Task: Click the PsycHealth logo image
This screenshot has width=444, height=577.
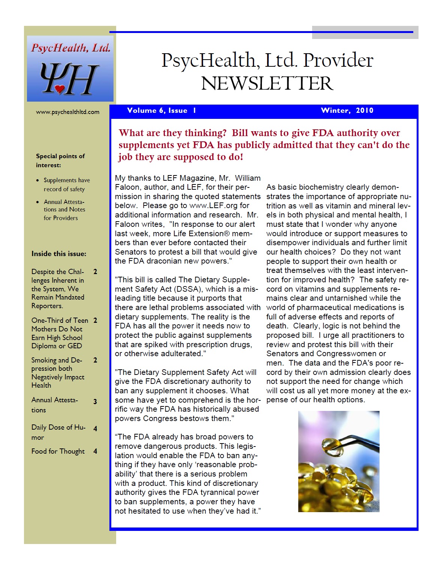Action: click(x=70, y=69)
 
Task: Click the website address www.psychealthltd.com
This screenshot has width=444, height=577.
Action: click(x=67, y=112)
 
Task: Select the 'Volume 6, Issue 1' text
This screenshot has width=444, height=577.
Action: click(x=161, y=110)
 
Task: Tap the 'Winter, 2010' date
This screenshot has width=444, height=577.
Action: click(x=347, y=110)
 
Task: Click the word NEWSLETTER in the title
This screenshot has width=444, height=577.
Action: click(x=267, y=83)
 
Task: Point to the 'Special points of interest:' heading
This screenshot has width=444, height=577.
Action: click(x=60, y=160)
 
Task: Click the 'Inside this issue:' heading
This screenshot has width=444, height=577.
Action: click(x=59, y=253)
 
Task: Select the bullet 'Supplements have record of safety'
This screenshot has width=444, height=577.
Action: click(x=66, y=184)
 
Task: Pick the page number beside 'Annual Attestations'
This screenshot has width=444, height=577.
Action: click(x=95, y=402)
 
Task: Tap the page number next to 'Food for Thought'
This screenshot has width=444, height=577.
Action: click(x=95, y=451)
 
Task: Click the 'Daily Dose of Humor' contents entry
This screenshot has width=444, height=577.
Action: click(x=58, y=432)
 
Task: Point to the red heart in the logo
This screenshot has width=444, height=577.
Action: click(x=60, y=89)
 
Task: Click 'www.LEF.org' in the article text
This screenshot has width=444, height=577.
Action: click(x=214, y=205)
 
